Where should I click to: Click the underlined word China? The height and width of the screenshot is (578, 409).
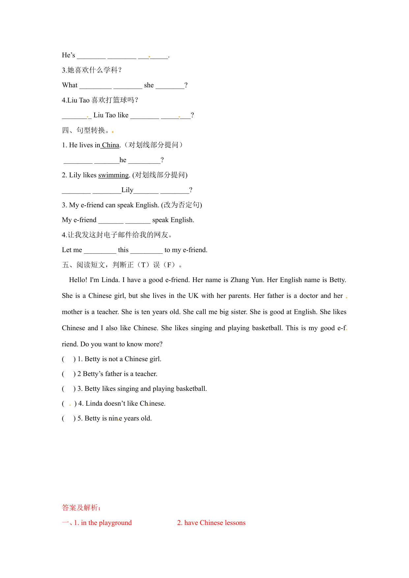111,145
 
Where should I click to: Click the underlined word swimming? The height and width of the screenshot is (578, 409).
113,175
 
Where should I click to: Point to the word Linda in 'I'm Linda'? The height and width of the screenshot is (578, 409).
110,280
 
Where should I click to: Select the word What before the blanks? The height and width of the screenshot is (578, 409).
70,85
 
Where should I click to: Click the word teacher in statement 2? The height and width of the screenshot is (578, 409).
146,374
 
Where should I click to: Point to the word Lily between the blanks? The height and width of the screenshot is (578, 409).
127,190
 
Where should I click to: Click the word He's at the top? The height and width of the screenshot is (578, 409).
68,55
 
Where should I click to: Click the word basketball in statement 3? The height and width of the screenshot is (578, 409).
191,389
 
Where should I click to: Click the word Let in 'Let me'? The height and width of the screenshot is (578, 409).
67,250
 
